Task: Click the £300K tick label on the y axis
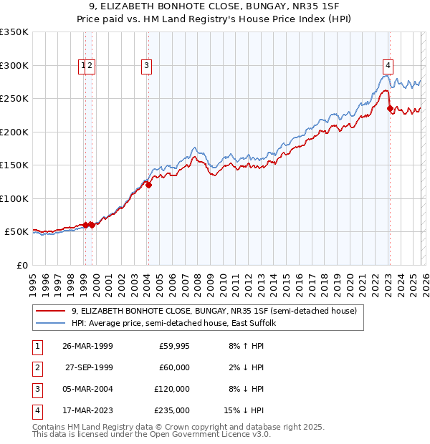(x=14, y=65)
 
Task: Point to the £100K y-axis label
(x=14, y=198)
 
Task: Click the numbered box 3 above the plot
(x=146, y=66)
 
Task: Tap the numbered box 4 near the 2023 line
(x=388, y=66)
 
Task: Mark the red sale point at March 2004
(x=148, y=185)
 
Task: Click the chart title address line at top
(x=215, y=6)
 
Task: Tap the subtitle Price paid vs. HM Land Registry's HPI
(x=215, y=19)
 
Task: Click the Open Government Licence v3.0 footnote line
(x=152, y=434)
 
